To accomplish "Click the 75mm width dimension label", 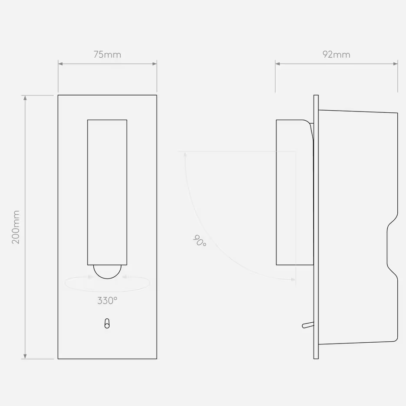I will click(107, 55).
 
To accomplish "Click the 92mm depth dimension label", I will click(336, 55).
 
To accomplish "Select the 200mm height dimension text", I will click(16, 227).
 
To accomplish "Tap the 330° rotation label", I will click(107, 301).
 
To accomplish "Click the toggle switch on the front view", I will click(107, 324).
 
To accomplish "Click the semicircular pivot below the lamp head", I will click(107, 272).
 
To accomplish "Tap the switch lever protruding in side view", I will click(307, 324).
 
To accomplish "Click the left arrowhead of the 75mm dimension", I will click(61, 64).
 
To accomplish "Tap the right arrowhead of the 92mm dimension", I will click(395, 64).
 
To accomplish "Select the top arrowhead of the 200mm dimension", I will click(25, 98).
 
